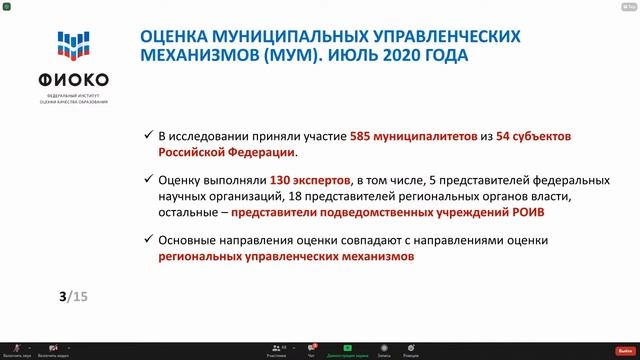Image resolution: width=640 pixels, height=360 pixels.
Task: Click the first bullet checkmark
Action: coord(148,134)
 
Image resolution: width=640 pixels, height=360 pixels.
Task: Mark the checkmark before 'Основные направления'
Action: coord(148,241)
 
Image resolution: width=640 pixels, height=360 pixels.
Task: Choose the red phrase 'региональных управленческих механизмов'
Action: coord(285,257)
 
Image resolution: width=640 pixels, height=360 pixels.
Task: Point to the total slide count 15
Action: coord(80,297)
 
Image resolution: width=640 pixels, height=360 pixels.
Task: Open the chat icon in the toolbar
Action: coord(312,347)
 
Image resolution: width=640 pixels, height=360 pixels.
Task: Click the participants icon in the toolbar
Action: coord(276,347)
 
